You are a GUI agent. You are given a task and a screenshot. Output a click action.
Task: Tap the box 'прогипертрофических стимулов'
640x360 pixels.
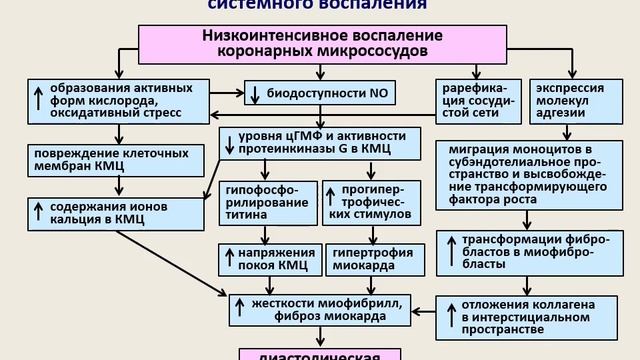pos(366,201)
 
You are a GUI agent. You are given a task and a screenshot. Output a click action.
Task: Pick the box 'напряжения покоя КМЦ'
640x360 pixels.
pos(267,259)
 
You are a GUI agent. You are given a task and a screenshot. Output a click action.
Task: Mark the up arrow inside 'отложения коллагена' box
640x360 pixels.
pos(448,314)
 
